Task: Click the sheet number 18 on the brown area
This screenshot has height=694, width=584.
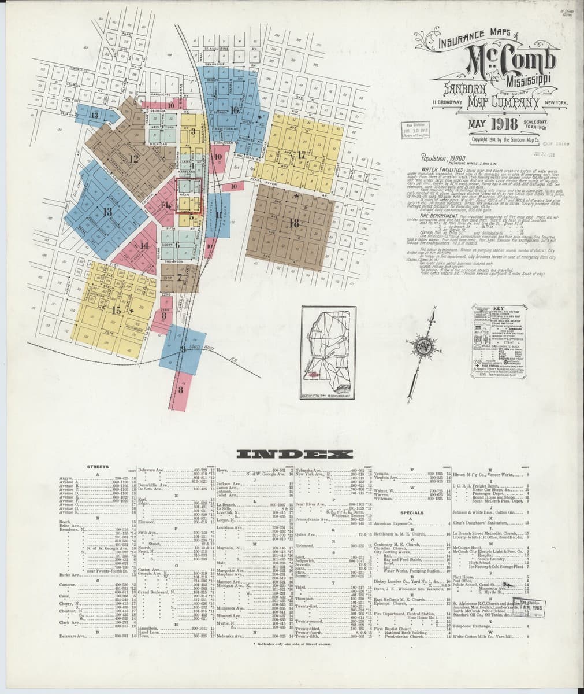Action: [x=294, y=223]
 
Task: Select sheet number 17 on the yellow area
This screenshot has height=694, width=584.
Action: [x=302, y=154]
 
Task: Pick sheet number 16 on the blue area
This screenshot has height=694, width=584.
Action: [x=234, y=109]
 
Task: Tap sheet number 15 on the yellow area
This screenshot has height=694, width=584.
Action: [x=117, y=310]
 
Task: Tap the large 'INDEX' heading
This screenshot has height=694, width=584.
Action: [x=291, y=455]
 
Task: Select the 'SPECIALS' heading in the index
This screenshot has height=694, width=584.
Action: [x=412, y=512]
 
